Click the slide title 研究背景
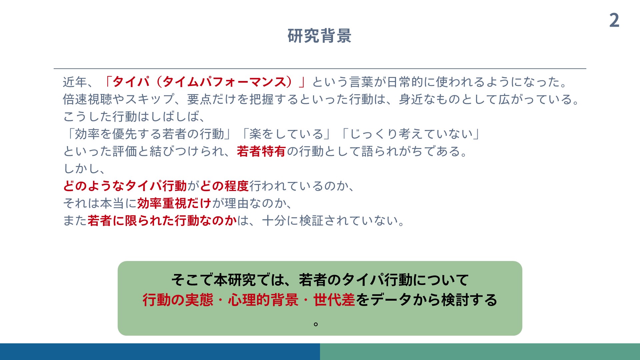coord(319,36)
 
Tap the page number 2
coord(614,20)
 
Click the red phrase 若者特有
coord(261,151)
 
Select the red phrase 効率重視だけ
coord(174,203)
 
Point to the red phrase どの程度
coord(224,186)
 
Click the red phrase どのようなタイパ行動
coord(125,186)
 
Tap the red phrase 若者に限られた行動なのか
coord(162,221)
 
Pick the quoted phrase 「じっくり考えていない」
coord(411,134)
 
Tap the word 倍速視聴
coord(87,99)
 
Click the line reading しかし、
coord(84,169)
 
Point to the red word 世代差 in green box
coord(334,300)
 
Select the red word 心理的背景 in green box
coord(263,300)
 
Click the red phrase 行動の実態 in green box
coord(178,300)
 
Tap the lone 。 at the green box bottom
coord(316,324)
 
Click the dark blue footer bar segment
coord(160,352)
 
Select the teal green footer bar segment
coord(480,352)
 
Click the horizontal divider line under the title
coord(320,69)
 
